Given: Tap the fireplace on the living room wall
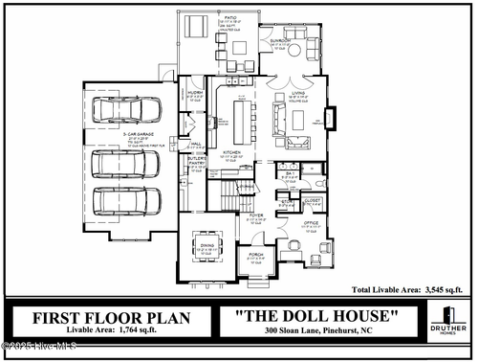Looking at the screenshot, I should click(x=331, y=117).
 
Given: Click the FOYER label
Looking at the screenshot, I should click(x=256, y=215).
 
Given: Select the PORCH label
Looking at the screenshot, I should click(x=255, y=255).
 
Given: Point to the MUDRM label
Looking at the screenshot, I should click(x=194, y=93).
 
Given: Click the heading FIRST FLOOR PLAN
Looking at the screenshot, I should click(x=112, y=317).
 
